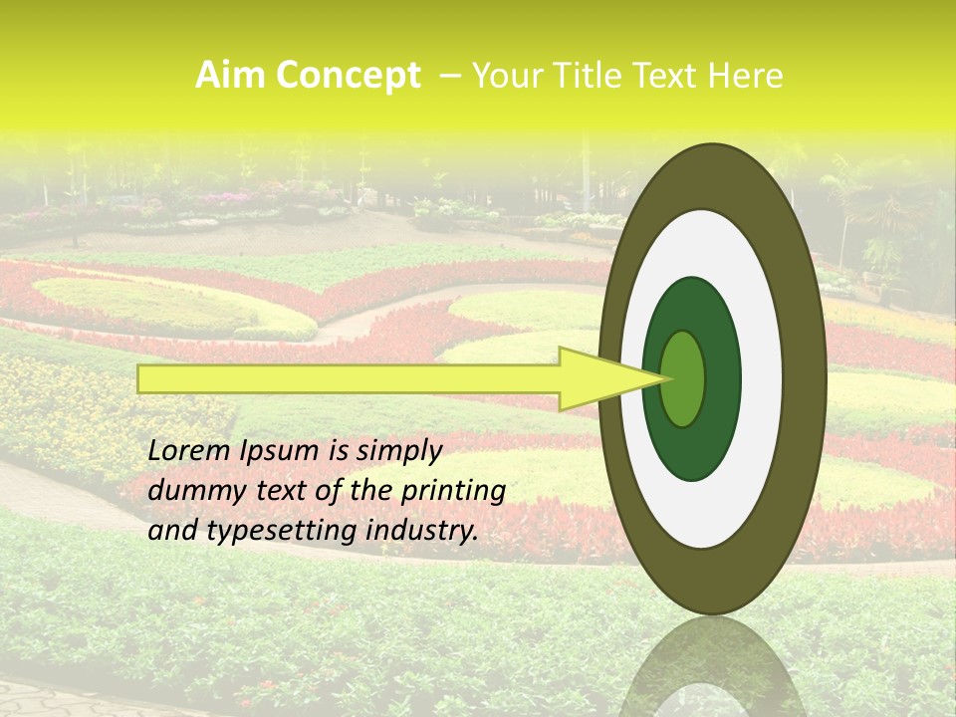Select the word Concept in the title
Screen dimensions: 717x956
pyautogui.click(x=348, y=76)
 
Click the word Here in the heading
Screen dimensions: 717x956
pyautogui.click(x=744, y=76)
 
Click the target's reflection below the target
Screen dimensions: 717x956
pyautogui.click(x=712, y=667)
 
